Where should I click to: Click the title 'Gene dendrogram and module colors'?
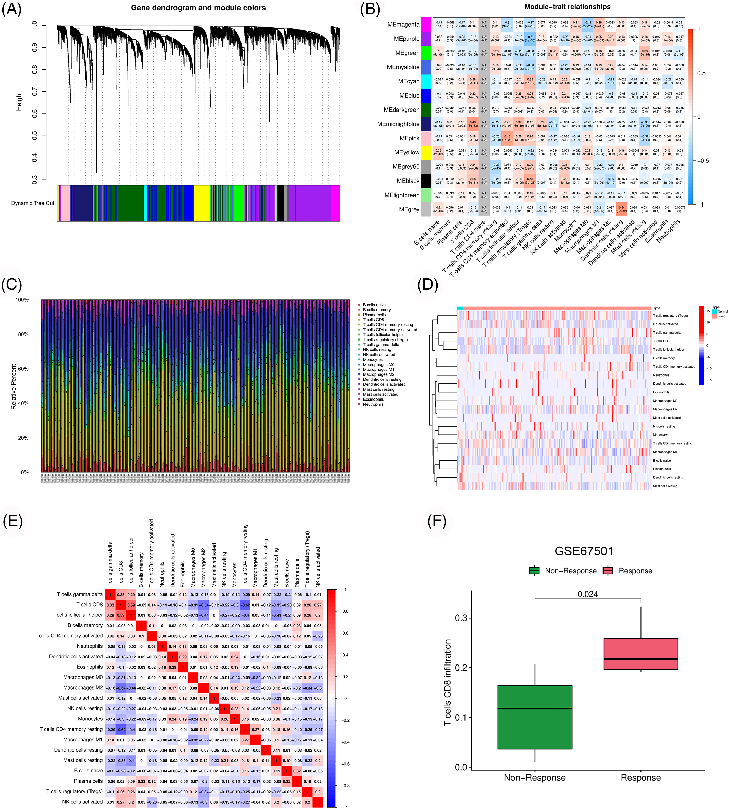click(198, 8)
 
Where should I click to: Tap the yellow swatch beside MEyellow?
click(426, 153)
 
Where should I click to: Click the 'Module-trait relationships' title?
click(567, 7)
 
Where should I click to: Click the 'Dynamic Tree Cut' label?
click(32, 203)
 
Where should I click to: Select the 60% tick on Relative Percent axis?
click(23, 369)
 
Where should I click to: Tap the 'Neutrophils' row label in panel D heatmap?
click(661, 375)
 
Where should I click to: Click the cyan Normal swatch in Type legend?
click(714, 311)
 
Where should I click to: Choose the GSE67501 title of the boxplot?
click(584, 551)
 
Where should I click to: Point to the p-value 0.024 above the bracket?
click(588, 594)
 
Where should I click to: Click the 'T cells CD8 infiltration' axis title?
click(447, 682)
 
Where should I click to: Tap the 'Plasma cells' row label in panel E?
click(88, 781)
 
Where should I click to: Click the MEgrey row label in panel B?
click(409, 209)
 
